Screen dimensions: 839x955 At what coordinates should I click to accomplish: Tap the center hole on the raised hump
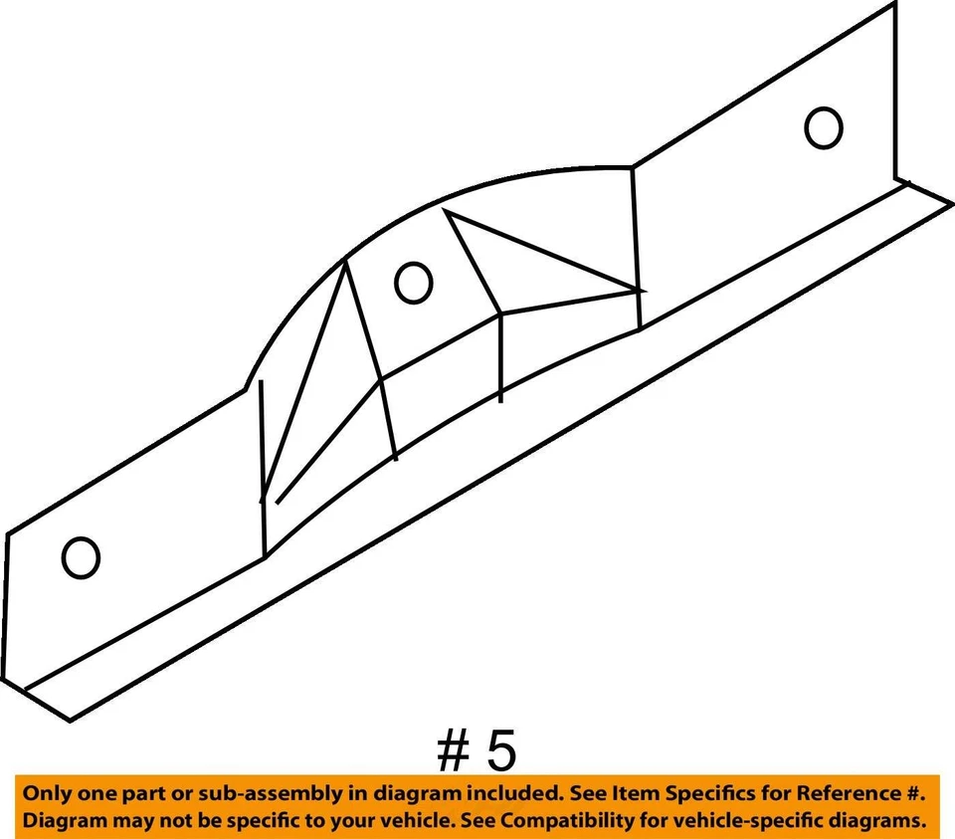click(413, 284)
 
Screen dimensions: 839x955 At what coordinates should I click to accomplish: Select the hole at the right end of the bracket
click(824, 128)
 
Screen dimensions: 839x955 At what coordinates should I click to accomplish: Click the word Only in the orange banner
click(47, 794)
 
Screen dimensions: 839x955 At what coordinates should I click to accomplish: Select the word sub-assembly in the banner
click(243, 794)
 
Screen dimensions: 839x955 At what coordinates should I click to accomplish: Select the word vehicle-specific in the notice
click(761, 822)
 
